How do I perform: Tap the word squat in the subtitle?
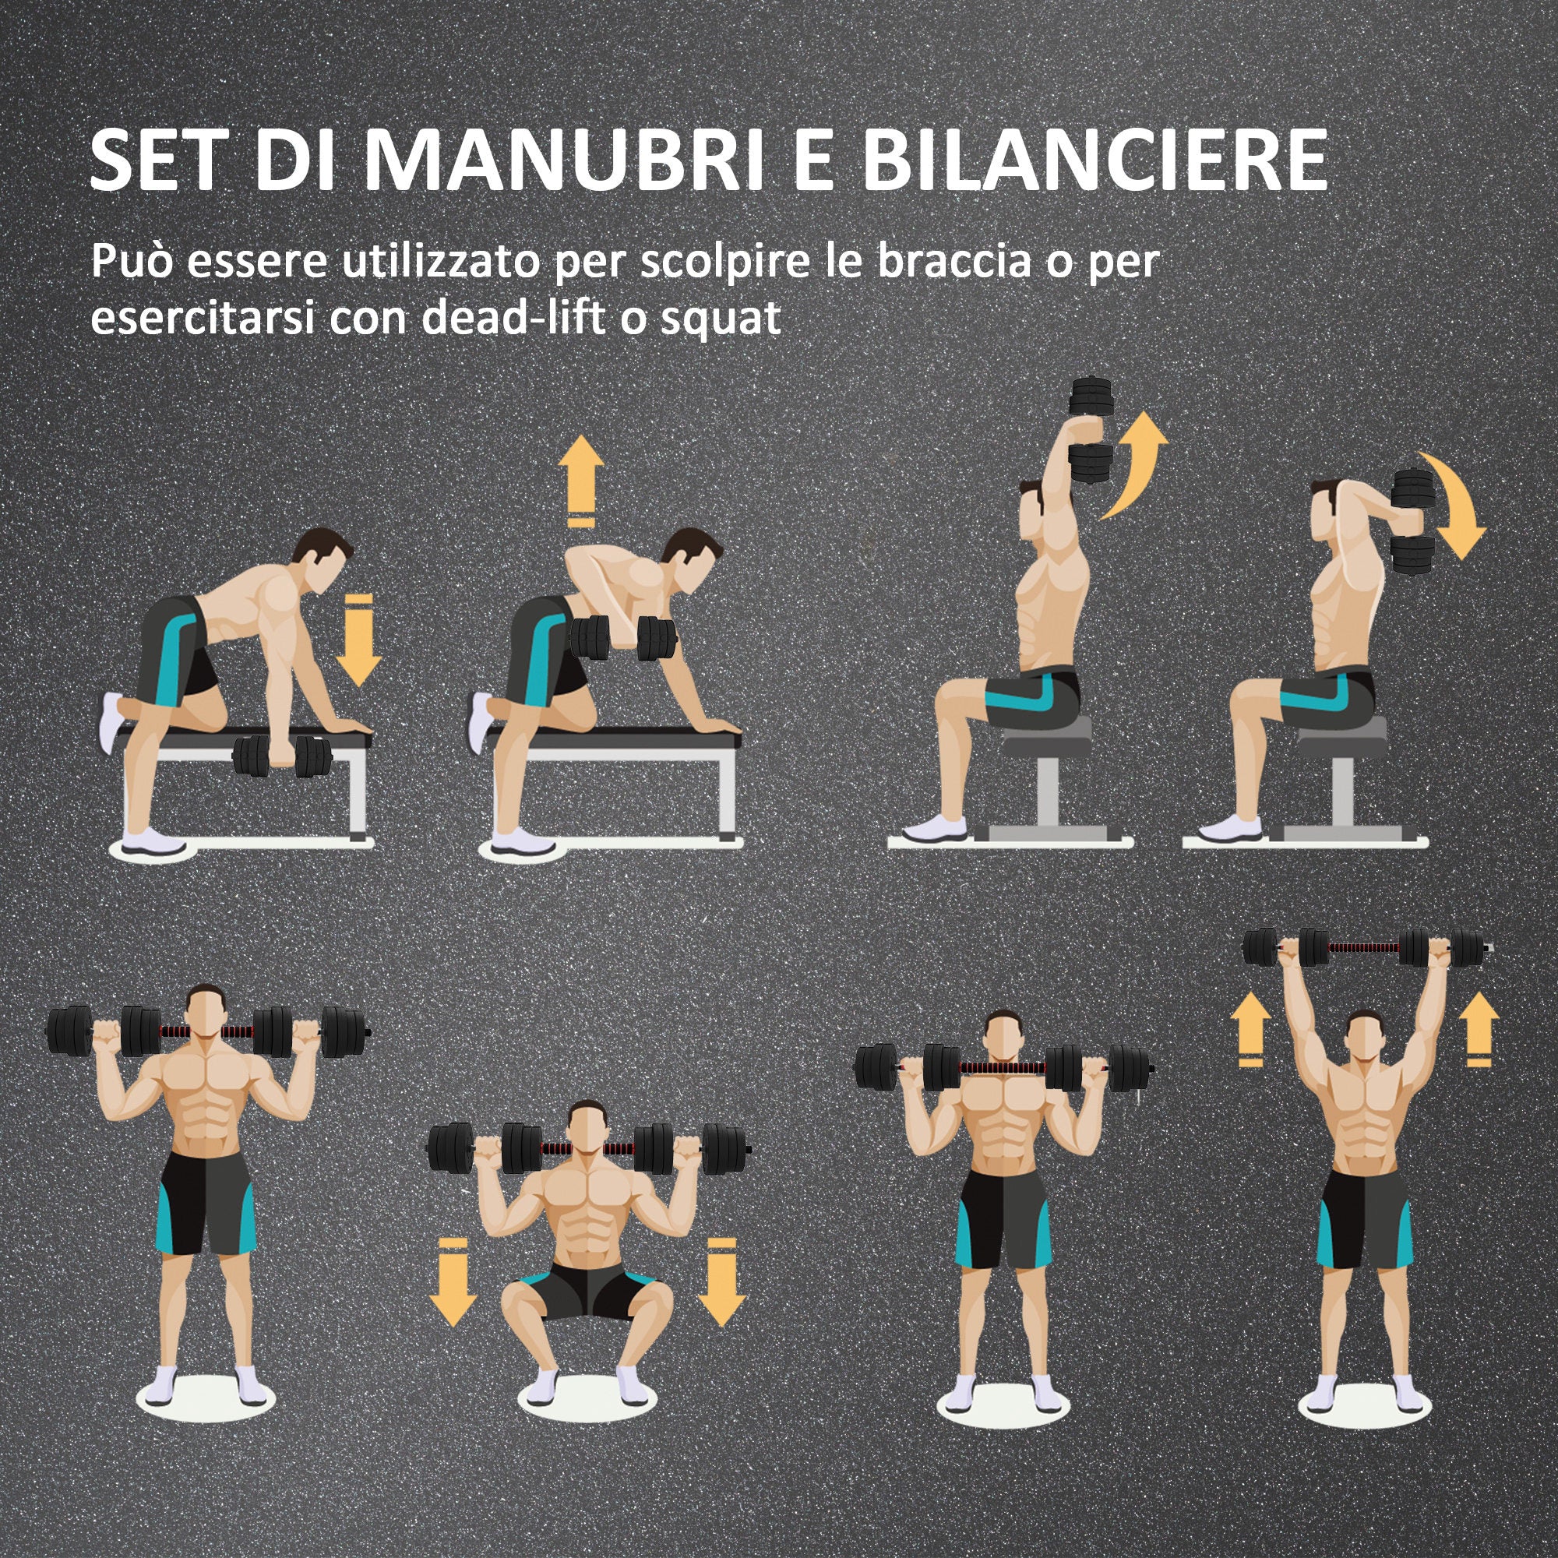pos(720,318)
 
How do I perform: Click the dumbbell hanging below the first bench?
pos(281,756)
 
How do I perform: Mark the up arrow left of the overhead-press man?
pos(1250,1028)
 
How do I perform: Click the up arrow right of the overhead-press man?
pos(1479,1028)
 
